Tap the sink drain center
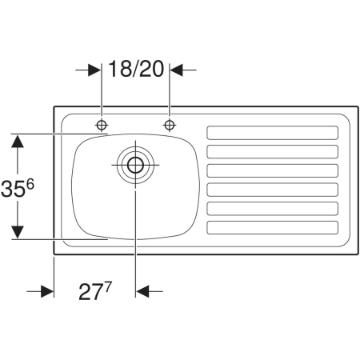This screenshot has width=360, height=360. (135, 165)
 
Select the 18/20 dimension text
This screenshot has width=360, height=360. (136, 69)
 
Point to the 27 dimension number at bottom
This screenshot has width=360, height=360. (90, 292)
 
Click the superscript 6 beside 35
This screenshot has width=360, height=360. (30, 184)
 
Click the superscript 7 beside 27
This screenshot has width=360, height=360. (107, 287)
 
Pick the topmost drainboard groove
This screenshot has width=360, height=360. (273, 133)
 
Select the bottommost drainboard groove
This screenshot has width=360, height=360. (273, 228)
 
